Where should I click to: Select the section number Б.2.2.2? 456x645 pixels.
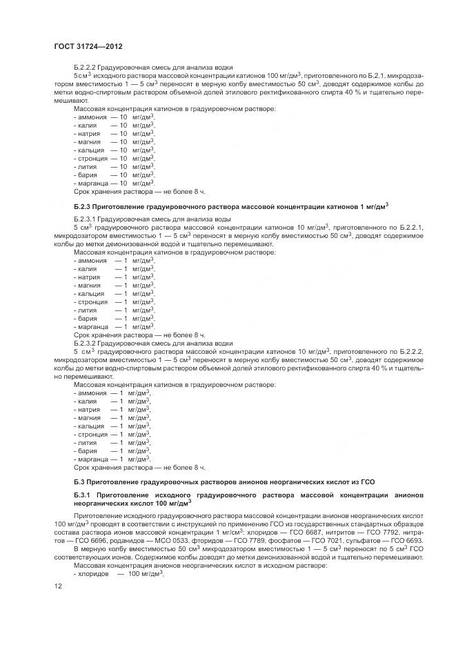[x=85, y=68]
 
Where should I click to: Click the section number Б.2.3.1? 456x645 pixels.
[x=85, y=218]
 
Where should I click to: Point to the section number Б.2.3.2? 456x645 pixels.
[x=85, y=343]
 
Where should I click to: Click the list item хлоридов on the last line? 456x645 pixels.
[x=92, y=574]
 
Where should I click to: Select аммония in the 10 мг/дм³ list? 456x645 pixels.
[x=92, y=117]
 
